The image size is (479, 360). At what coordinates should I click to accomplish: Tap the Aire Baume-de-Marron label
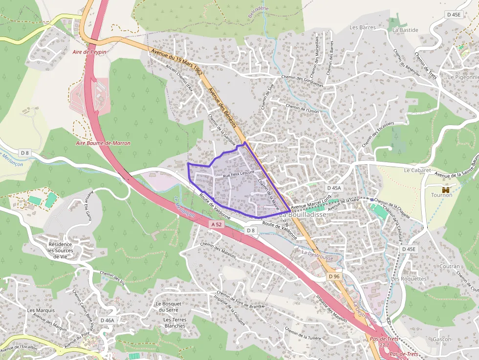click(x=103, y=143)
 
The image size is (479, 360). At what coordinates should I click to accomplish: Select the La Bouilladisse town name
click(x=304, y=214)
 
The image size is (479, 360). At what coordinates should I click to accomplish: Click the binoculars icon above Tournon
click(x=445, y=189)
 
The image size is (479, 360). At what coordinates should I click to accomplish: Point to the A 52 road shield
click(x=218, y=224)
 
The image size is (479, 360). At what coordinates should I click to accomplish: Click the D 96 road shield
click(x=334, y=276)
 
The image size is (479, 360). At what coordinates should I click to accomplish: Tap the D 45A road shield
click(x=334, y=188)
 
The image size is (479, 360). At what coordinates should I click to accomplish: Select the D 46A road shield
click(x=107, y=320)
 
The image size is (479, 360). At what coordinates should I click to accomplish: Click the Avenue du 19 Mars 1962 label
click(x=177, y=61)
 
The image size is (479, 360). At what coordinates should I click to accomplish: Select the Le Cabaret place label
click(x=417, y=170)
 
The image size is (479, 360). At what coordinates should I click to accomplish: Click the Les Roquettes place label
click(x=409, y=279)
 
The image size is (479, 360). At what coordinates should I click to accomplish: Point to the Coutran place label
click(x=449, y=267)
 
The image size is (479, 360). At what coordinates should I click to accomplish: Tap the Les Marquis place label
click(x=41, y=310)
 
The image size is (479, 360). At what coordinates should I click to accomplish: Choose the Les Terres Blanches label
click(x=174, y=323)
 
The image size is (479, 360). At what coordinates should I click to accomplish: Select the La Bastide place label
click(x=405, y=30)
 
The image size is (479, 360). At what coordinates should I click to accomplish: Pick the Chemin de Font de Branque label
click(x=240, y=300)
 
